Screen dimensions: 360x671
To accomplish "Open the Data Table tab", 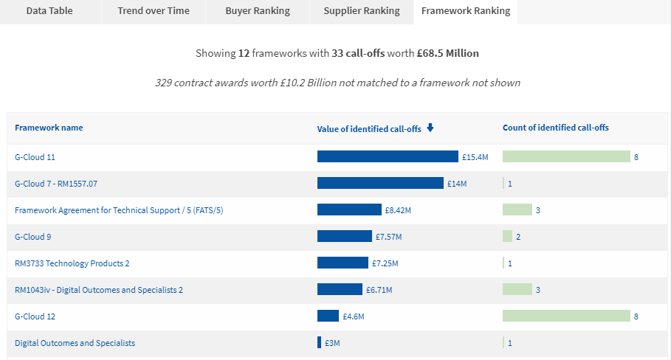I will tap(49, 11).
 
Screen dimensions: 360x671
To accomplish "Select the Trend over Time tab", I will tap(154, 11).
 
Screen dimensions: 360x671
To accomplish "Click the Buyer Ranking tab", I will tap(258, 11).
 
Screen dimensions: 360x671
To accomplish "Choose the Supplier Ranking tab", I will tap(362, 11).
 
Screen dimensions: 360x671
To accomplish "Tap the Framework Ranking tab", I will tap(466, 11).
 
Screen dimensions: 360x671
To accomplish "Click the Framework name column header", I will tap(49, 128).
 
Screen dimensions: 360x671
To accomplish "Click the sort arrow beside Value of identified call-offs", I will tap(430, 128).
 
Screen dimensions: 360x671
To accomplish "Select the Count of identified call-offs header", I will tap(555, 128).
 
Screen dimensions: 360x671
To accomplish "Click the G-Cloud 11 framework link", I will tap(35, 157).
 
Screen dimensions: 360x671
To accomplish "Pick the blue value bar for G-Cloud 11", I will tap(388, 157).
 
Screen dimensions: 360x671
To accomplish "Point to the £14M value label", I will tap(457, 184).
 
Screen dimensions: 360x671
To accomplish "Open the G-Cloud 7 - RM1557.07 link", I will tap(56, 184).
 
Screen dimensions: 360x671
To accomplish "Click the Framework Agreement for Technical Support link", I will tap(119, 210).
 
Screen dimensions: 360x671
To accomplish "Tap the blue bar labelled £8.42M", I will tap(349, 210).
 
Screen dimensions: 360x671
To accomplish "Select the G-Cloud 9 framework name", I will tap(32, 237).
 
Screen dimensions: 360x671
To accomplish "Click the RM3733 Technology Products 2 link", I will tap(72, 263).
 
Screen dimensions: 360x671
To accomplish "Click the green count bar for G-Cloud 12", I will tap(566, 316).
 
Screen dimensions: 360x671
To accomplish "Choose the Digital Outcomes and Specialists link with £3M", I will tap(75, 343).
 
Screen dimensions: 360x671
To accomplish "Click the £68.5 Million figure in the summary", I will tap(447, 53).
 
